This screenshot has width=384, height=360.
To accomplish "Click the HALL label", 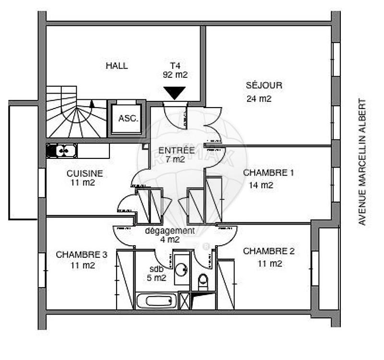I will [x=117, y=66].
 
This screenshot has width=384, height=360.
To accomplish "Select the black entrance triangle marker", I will [x=175, y=93].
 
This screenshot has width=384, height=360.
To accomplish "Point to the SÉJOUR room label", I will [x=264, y=85].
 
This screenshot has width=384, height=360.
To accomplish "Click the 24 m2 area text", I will [x=259, y=99].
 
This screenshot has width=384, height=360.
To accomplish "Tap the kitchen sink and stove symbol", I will [x=62, y=151].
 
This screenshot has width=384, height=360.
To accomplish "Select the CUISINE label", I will [x=84, y=173].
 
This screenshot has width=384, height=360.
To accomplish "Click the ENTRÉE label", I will [x=176, y=151].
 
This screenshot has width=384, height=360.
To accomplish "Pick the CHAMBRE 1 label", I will [x=268, y=172].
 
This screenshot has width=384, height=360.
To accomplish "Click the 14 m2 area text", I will [x=261, y=185].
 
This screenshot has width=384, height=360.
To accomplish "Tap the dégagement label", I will [x=170, y=231].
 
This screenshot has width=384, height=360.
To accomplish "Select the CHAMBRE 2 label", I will [x=268, y=251].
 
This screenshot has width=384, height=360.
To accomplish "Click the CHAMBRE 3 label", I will [x=81, y=254].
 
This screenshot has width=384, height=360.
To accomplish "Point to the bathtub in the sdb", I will [x=156, y=301].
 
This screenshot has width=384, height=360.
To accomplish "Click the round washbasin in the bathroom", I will [x=181, y=269].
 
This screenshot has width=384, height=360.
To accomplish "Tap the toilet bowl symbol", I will [x=203, y=281].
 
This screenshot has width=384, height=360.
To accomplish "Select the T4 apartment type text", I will [x=174, y=66].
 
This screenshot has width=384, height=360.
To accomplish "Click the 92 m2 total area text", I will [x=175, y=75].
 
